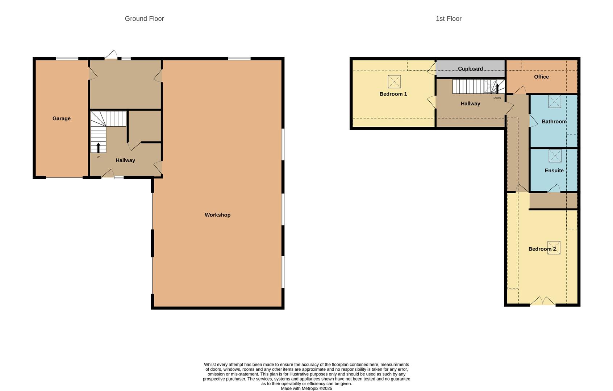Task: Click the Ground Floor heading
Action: (x=144, y=18)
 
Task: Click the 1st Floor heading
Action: (x=449, y=18)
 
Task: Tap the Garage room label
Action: (x=62, y=118)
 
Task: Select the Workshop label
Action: (x=217, y=215)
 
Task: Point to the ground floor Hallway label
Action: (x=125, y=160)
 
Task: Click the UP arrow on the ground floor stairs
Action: (x=98, y=147)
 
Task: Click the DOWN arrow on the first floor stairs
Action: (x=497, y=88)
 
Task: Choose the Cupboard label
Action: (x=470, y=68)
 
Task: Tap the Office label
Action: (x=541, y=77)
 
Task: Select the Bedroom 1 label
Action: (x=393, y=94)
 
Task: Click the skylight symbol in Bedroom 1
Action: (x=394, y=81)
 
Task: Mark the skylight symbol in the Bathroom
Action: (x=554, y=101)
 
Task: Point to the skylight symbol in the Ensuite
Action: (x=555, y=156)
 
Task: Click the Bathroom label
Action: (x=554, y=121)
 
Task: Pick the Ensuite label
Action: (x=554, y=170)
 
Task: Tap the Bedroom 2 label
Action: (x=542, y=249)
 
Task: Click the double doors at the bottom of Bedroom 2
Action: (x=543, y=302)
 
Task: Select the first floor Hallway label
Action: (x=470, y=104)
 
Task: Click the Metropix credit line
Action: (x=306, y=388)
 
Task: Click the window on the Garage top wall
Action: (x=67, y=59)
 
